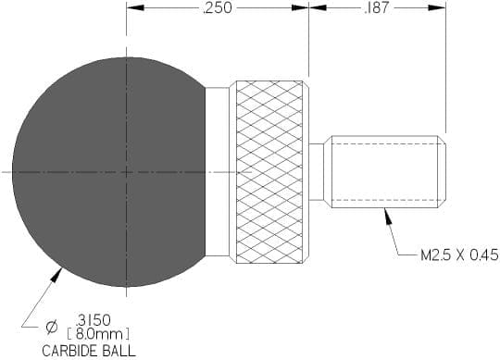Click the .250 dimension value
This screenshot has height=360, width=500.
pyautogui.click(x=218, y=7)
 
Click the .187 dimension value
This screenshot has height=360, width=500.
pyautogui.click(x=377, y=7)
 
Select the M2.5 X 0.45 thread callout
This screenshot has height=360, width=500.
pyautogui.click(x=459, y=255)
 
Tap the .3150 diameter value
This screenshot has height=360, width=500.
pyautogui.click(x=93, y=319)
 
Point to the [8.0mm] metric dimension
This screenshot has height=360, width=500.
pyautogui.click(x=98, y=334)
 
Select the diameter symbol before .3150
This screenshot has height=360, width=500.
pyautogui.click(x=51, y=328)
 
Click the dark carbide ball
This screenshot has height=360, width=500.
pyautogui.click(x=108, y=172)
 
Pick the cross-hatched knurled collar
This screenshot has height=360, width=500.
pyautogui.click(x=269, y=172)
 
